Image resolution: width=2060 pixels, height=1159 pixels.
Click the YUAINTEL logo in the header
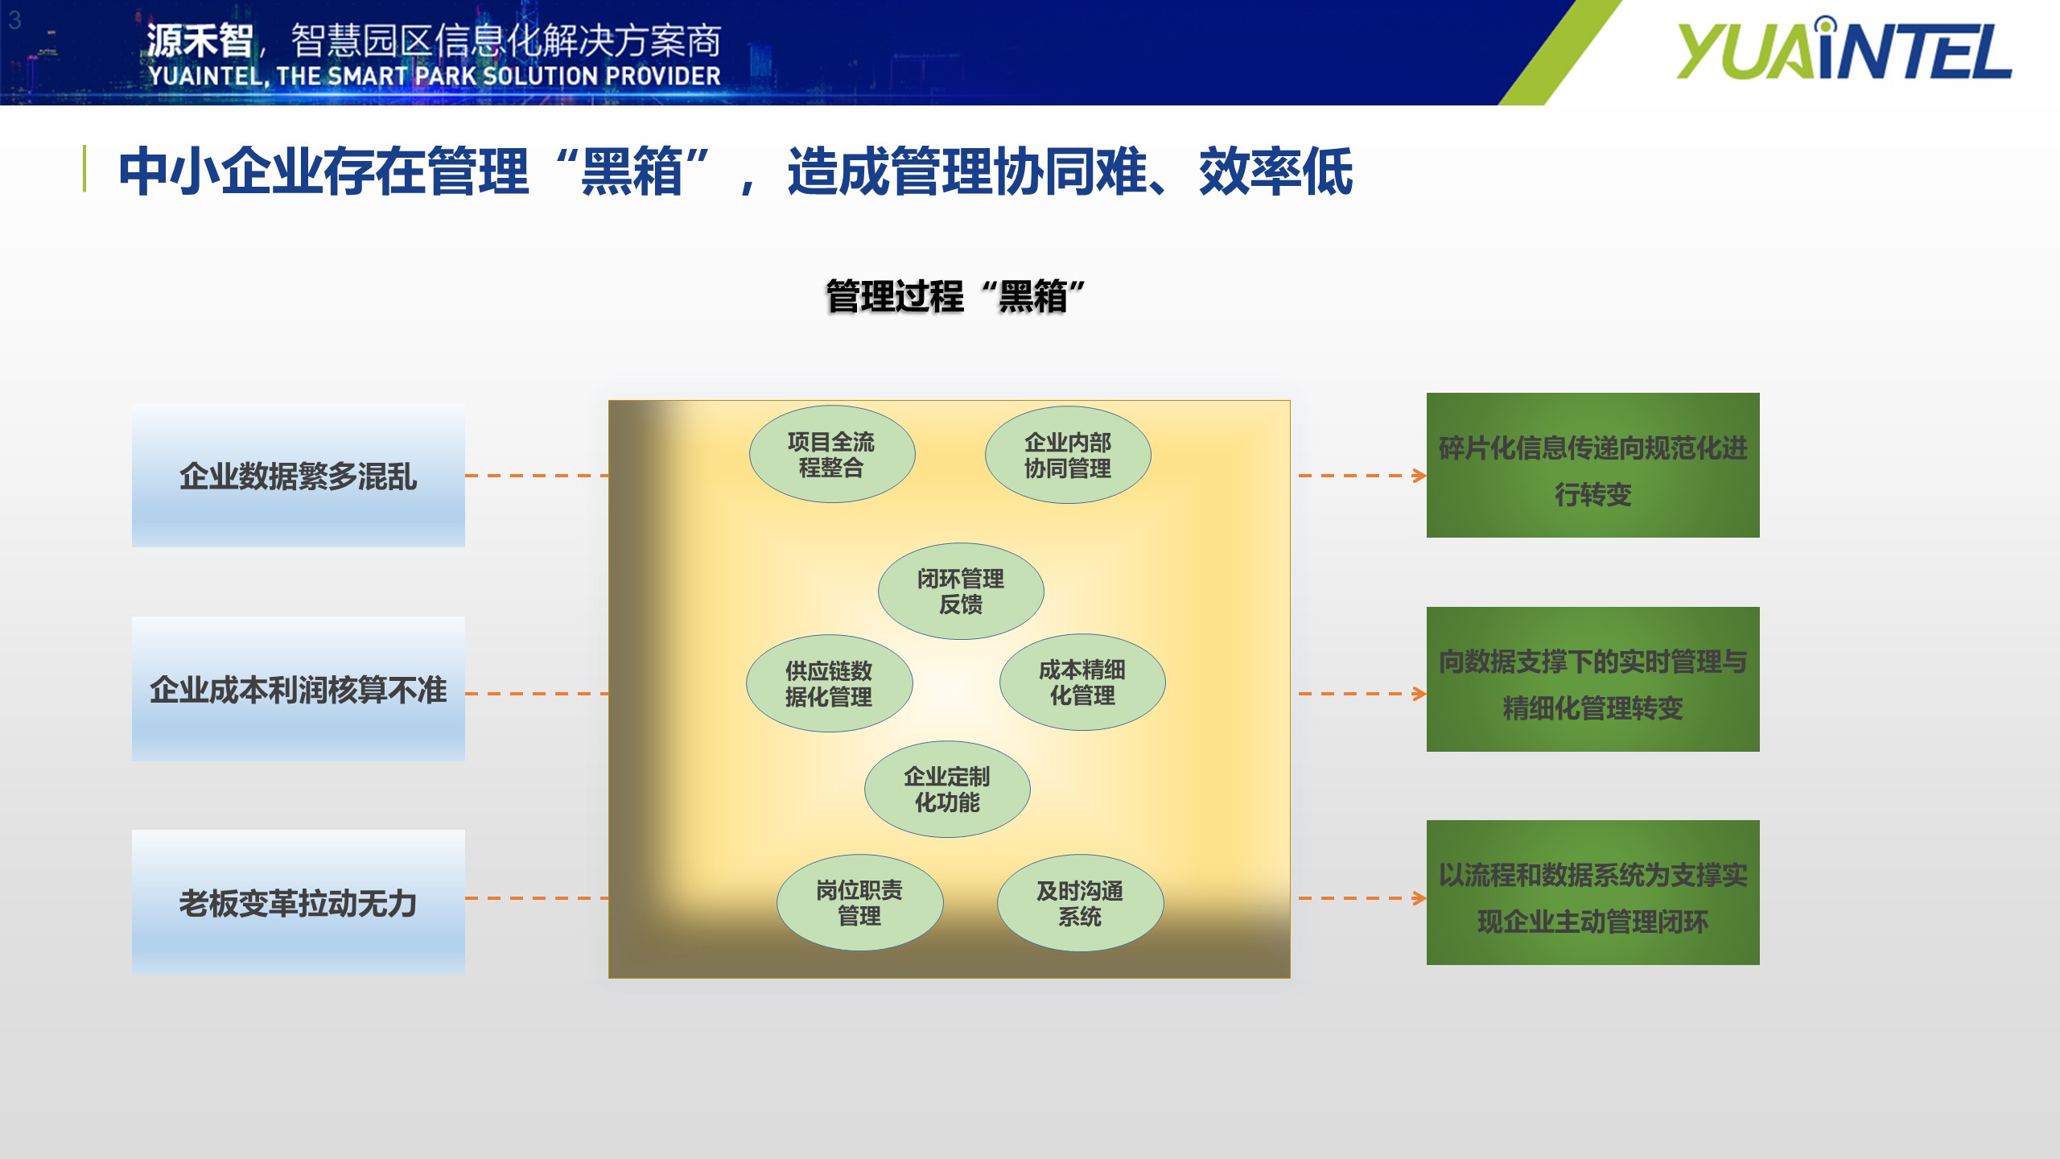tap(1844, 50)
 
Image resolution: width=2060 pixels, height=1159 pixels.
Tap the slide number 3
tap(14, 20)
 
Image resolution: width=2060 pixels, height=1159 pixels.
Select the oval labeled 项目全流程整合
tap(832, 455)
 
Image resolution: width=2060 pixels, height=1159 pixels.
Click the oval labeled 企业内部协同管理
tap(1068, 455)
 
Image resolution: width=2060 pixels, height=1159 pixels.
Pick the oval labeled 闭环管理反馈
tap(961, 592)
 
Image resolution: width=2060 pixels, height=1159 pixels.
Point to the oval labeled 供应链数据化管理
tap(830, 683)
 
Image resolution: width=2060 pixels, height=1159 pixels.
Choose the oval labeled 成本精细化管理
tap(1082, 683)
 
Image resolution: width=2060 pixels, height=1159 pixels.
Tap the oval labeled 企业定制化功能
tap(947, 790)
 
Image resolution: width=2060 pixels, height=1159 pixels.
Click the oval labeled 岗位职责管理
tap(859, 903)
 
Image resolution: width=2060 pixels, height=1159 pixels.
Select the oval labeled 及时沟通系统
tap(1080, 904)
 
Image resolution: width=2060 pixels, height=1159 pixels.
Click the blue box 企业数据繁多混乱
tap(299, 476)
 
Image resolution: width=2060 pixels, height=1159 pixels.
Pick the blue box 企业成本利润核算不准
tap(299, 690)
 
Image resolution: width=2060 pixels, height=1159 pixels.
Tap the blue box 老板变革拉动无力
tap(299, 903)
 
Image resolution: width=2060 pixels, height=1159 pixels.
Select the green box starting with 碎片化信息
tap(1593, 465)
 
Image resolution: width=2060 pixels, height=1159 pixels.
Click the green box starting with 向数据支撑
tap(1593, 679)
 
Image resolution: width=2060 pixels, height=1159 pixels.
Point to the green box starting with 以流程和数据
tap(1593, 893)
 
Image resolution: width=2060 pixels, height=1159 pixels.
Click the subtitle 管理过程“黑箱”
tap(956, 296)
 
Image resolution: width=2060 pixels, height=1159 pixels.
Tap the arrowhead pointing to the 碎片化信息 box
tap(1420, 476)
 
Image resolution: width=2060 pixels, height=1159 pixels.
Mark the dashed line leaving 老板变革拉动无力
tap(537, 898)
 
